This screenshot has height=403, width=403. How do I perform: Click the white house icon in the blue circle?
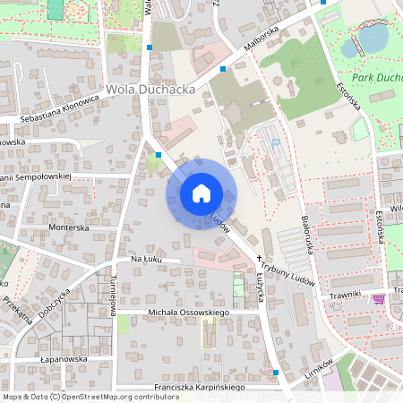coord(201,193)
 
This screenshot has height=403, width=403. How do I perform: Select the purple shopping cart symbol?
coord(379,298)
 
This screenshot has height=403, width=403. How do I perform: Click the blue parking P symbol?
coord(276,142)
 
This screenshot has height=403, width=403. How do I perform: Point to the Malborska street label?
coord(261,40)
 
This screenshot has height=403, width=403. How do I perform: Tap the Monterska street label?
coord(70,227)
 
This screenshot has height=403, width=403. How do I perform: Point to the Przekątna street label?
coord(17,309)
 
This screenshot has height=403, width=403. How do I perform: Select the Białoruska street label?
coord(306,231)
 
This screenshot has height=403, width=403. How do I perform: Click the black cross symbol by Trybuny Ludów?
coord(260,257)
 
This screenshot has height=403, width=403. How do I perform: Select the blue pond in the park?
coord(373,39)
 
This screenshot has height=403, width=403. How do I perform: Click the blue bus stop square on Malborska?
coord(223,68)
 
